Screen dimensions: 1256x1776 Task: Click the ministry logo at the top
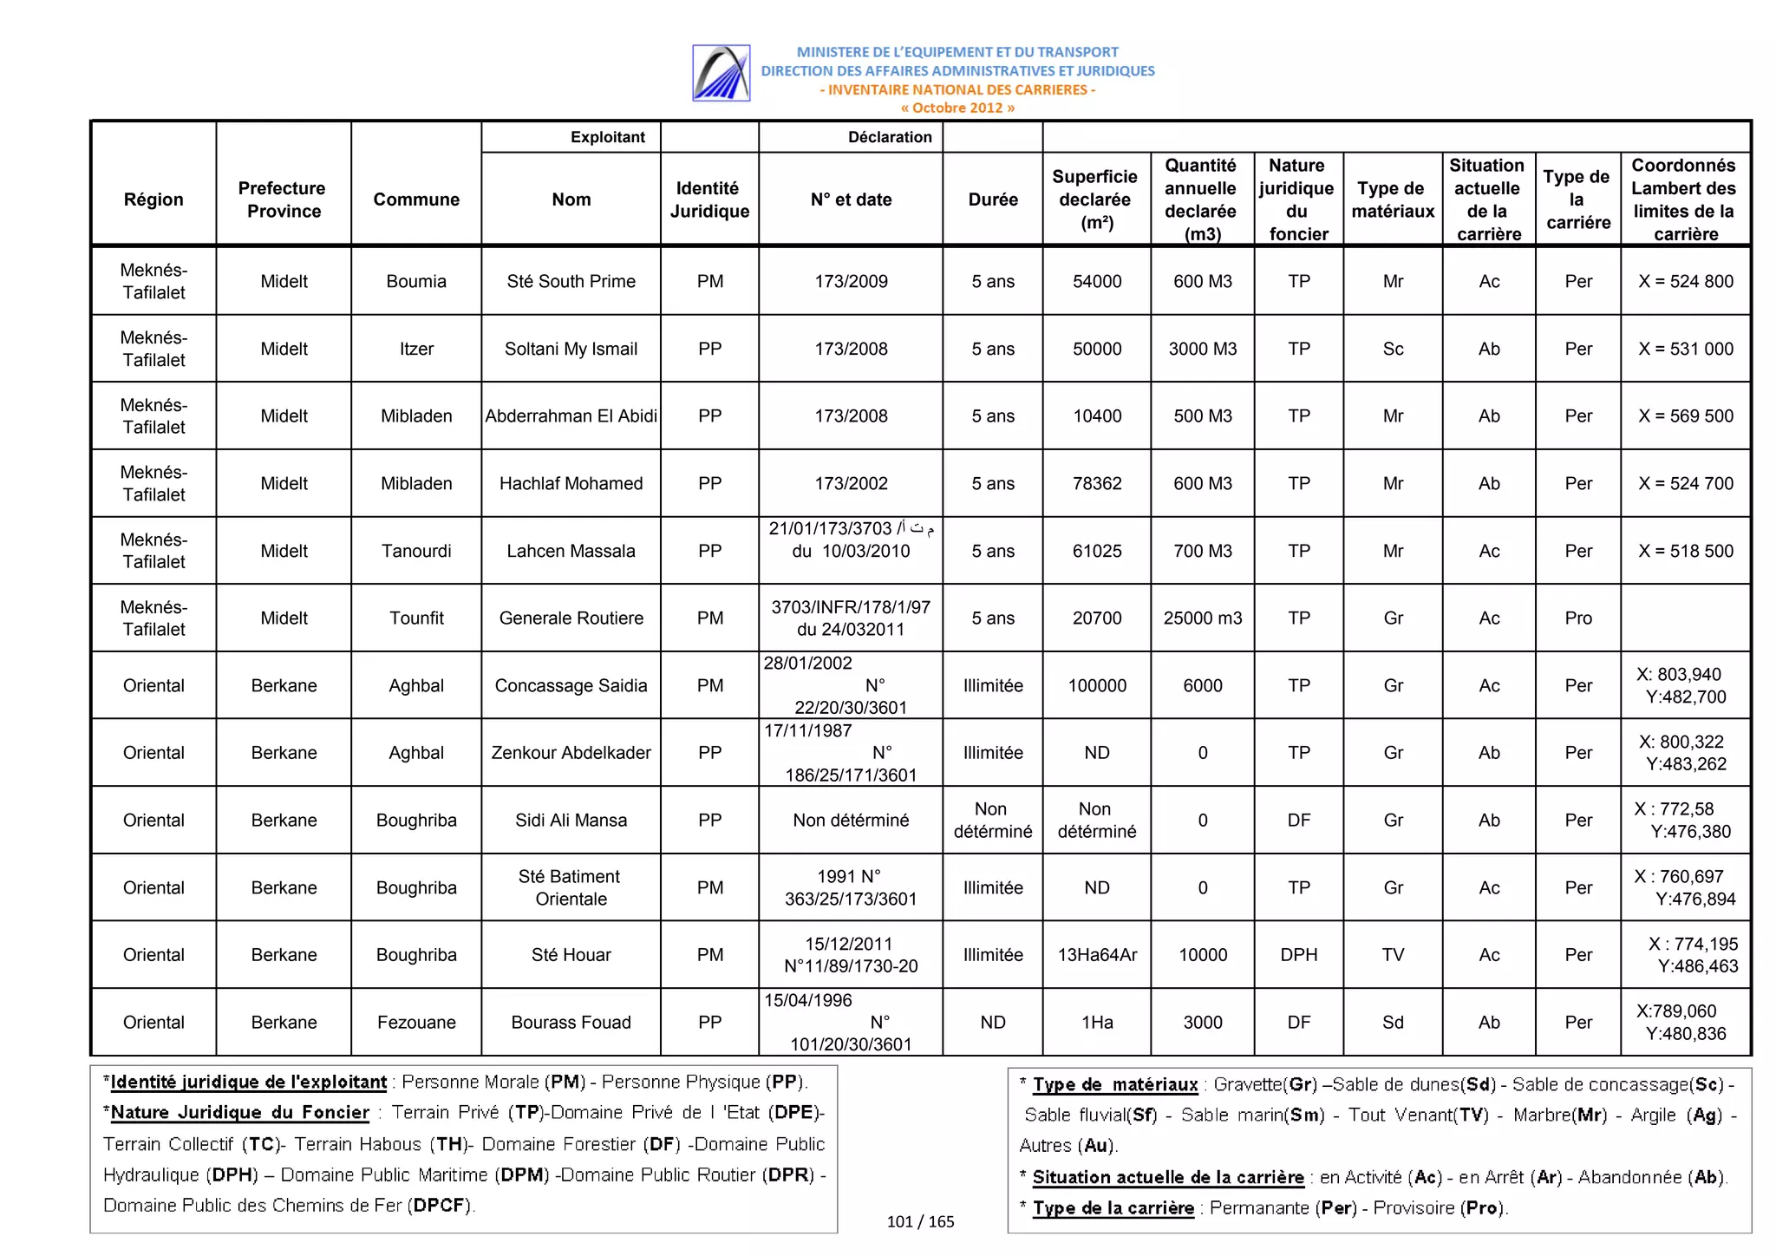(721, 73)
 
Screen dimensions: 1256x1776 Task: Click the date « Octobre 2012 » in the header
(957, 108)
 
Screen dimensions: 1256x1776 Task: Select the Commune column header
(416, 200)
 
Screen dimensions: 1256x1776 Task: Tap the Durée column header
(992, 200)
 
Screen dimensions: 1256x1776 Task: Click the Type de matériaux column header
(1392, 200)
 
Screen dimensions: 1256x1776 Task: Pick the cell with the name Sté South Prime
(571, 281)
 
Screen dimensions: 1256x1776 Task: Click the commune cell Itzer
(416, 349)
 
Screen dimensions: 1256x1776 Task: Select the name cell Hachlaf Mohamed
(571, 483)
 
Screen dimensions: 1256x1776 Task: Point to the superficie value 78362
(1096, 483)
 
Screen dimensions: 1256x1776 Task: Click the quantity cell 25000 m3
(1202, 618)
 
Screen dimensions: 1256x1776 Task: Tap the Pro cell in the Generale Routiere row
(1577, 618)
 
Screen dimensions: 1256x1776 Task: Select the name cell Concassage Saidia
(571, 685)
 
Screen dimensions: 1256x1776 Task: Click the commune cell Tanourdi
(416, 551)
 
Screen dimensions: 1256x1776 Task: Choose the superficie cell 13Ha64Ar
(1096, 955)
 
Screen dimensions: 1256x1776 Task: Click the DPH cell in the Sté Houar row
(1298, 955)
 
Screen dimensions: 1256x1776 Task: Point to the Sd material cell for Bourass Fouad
(1392, 1022)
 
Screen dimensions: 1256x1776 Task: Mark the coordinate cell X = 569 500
(1685, 415)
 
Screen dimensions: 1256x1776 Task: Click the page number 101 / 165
(920, 1221)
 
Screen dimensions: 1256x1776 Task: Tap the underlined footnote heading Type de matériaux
(1114, 1084)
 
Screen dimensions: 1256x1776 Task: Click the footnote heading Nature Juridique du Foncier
(239, 1112)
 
